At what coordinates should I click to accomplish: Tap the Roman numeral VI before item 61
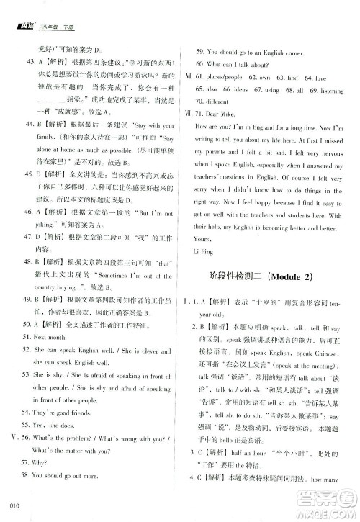pyautogui.click(x=190, y=78)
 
